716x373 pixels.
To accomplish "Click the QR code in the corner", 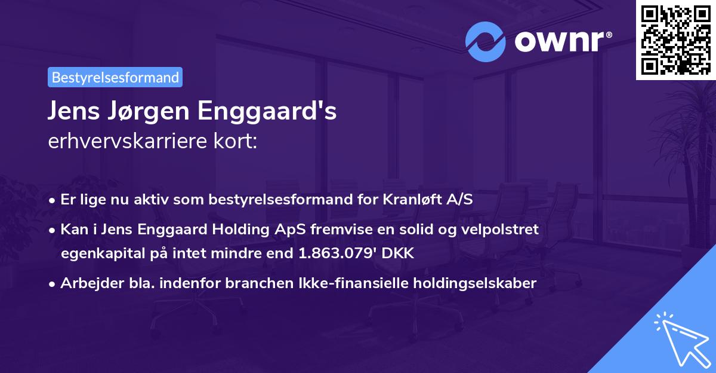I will pos(675,39).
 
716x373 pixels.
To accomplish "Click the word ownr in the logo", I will pos(558,42).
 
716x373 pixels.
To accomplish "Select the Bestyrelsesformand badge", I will pos(115,77).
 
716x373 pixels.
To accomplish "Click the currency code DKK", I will pos(396,253).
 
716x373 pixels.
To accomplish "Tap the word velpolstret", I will pos(502,229).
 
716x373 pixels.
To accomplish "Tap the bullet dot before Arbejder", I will pos(53,284).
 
